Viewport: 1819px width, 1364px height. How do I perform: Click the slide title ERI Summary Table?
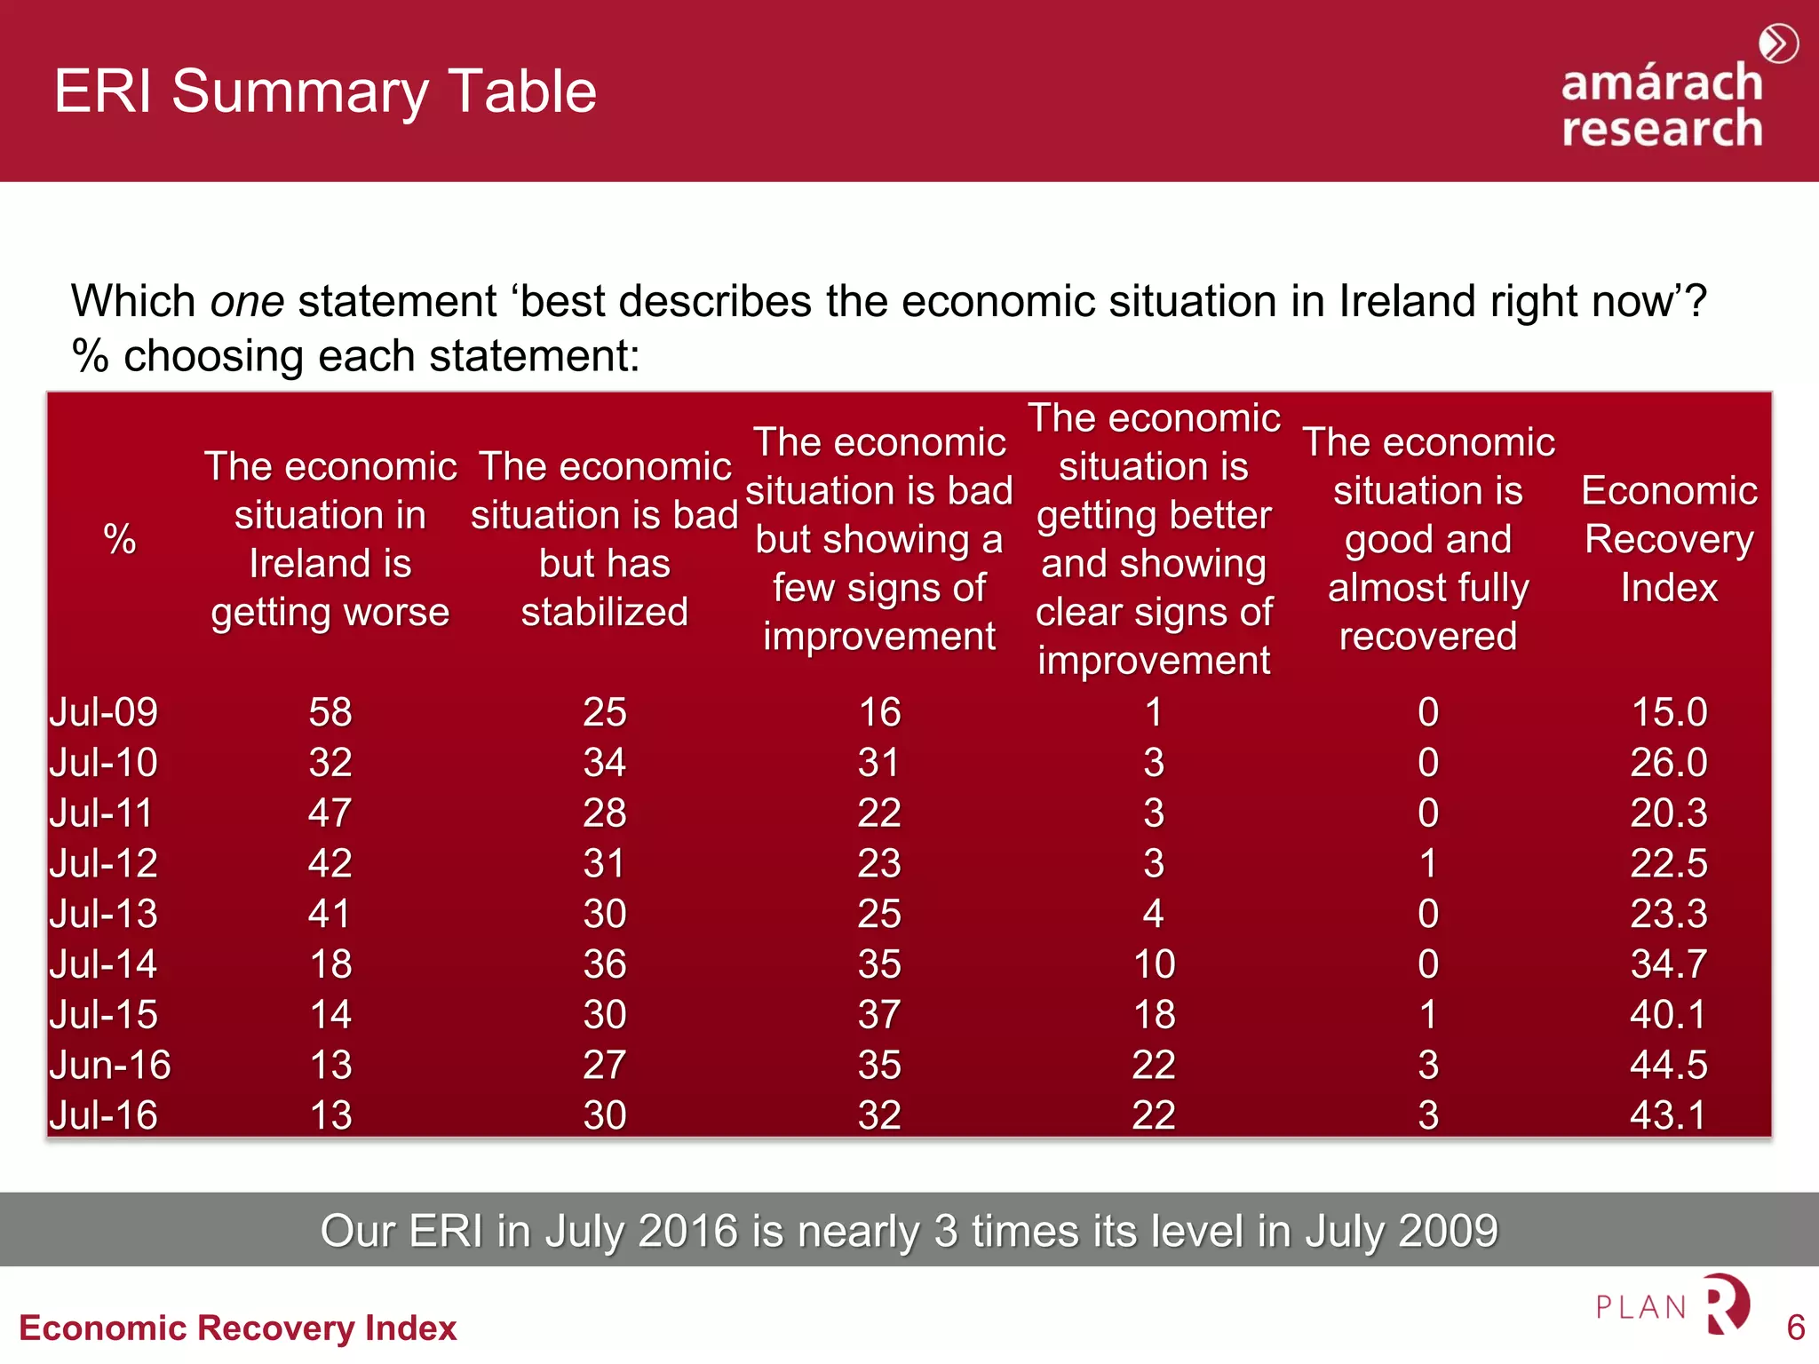pos(325,91)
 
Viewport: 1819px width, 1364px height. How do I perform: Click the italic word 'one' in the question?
pos(247,301)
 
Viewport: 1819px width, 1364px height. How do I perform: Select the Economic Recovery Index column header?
pos(1668,539)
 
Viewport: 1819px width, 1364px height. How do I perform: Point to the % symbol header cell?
pos(120,539)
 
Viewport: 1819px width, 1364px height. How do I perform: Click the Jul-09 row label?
pos(104,712)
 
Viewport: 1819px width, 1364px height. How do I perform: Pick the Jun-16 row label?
pos(110,1065)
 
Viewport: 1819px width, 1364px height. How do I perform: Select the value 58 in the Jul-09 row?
pos(330,712)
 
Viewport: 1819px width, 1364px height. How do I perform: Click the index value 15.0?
pos(1669,712)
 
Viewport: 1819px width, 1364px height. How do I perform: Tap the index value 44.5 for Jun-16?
pos(1668,1065)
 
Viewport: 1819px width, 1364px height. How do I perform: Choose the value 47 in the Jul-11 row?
pos(330,813)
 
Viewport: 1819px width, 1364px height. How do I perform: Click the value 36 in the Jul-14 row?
pos(605,964)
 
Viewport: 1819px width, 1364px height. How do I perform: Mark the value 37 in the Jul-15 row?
pos(879,1014)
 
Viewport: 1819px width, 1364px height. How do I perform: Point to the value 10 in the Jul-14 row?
pos(1154,964)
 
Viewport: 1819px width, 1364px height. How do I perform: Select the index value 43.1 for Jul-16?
pos(1668,1115)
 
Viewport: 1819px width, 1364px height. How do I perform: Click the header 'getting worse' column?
pos(330,539)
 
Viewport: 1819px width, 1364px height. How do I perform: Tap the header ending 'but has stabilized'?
pos(605,539)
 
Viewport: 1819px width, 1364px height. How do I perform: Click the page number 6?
pos(1795,1328)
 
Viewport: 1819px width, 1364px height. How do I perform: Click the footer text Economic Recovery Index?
pos(238,1328)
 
